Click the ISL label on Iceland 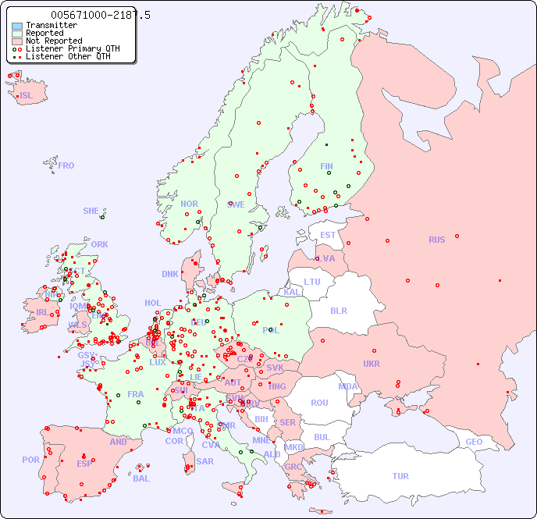point(27,96)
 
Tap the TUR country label point(400,476)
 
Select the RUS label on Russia point(436,240)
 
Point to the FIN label point(326,166)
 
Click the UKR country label point(372,364)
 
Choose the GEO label point(474,442)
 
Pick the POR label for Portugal point(30,460)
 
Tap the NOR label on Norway point(189,204)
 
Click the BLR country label point(338,310)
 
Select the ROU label point(319,403)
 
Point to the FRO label point(66,165)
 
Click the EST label point(328,235)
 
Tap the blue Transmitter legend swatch point(17,26)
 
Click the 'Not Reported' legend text point(54,41)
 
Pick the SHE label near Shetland point(91,211)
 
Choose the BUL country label point(322,437)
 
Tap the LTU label point(312,282)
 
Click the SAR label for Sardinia point(205,461)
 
